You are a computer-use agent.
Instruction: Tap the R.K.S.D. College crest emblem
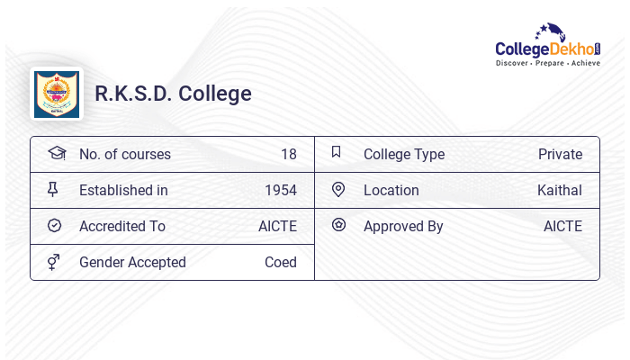point(56,94)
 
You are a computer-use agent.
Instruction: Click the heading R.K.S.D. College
point(174,94)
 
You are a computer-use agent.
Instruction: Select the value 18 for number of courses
point(288,155)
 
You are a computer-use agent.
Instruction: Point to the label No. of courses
point(125,155)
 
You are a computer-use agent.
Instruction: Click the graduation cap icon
point(56,153)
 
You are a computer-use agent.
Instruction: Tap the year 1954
point(281,191)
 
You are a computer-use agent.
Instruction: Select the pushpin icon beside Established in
point(53,189)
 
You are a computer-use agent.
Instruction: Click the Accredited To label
point(122,227)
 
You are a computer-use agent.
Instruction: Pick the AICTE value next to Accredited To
point(277,227)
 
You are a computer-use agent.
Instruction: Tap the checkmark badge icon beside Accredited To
point(54,226)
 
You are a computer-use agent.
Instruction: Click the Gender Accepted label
point(132,263)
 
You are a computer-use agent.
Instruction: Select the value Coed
point(281,263)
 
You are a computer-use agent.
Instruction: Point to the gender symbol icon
point(53,262)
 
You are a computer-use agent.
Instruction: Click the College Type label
point(404,155)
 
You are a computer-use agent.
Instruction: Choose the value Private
point(560,155)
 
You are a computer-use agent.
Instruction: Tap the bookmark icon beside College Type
point(337,152)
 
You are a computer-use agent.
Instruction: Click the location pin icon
point(338,189)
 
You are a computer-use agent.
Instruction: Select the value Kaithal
point(560,191)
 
